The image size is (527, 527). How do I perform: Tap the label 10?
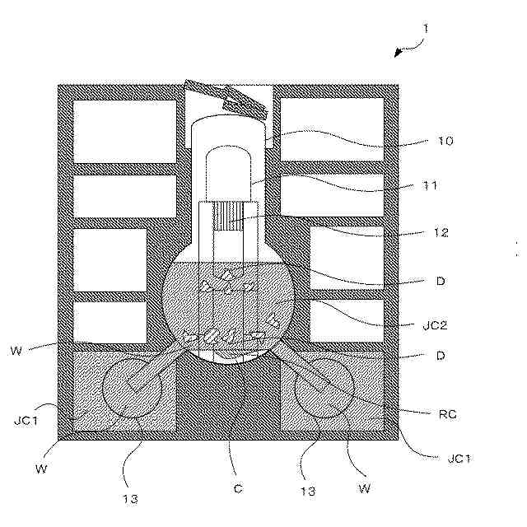[x=444, y=141]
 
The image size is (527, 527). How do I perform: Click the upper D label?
[x=441, y=281]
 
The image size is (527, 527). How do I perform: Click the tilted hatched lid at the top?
[x=227, y=98]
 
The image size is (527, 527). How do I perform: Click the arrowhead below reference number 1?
[x=399, y=53]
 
